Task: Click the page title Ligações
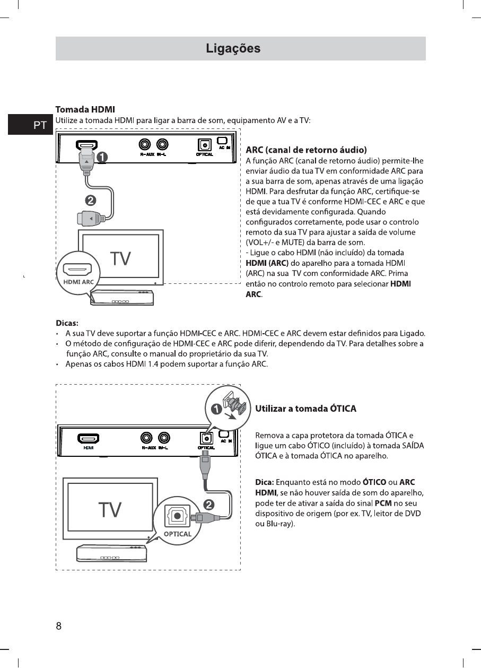click(233, 49)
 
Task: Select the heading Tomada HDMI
click(85, 110)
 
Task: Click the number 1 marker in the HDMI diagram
click(101, 158)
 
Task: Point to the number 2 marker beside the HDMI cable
click(91, 201)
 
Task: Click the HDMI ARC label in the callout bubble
click(78, 282)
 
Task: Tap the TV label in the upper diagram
click(121, 259)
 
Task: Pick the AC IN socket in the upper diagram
click(222, 141)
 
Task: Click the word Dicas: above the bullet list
click(67, 323)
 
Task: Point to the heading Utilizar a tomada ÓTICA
click(305, 409)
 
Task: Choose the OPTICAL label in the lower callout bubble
click(178, 534)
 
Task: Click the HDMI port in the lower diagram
click(89, 438)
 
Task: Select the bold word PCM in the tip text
click(383, 503)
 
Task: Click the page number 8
click(59, 626)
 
